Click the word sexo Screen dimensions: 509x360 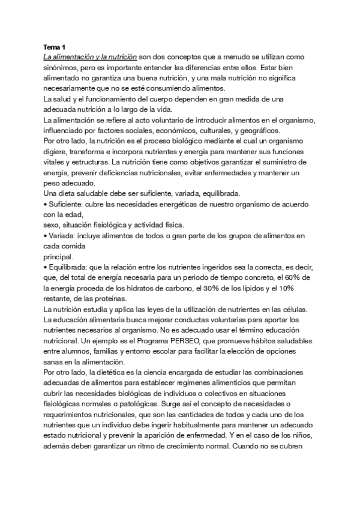pos(53,224)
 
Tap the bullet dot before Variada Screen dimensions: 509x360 pos(46,235)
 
